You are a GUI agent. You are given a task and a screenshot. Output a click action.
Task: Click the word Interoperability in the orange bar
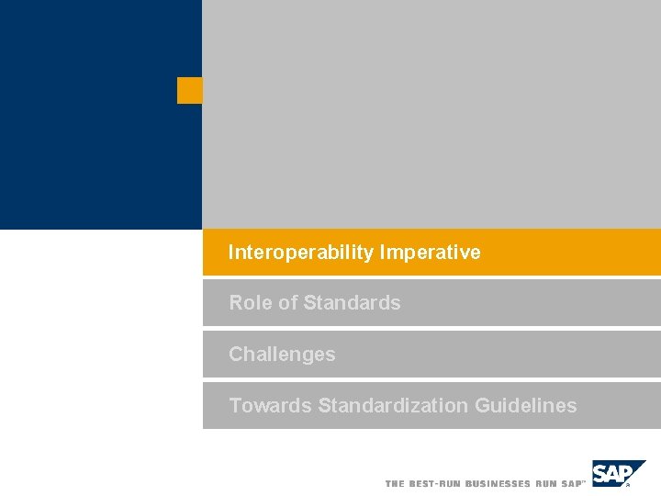(301, 253)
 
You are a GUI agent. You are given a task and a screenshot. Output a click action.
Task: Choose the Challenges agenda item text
(282, 355)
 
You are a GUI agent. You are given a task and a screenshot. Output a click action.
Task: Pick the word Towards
(270, 405)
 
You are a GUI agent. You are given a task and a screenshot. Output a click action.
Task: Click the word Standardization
(393, 405)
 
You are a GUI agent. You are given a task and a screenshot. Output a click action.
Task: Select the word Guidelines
(526, 405)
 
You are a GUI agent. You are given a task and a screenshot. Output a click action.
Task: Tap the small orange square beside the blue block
(189, 90)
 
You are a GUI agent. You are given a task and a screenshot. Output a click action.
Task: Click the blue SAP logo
(615, 473)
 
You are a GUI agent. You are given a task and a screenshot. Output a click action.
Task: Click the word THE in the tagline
(395, 483)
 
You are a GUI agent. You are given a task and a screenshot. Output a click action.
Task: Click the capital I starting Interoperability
(231, 253)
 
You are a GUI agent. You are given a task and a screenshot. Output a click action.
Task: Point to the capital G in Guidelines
(483, 405)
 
